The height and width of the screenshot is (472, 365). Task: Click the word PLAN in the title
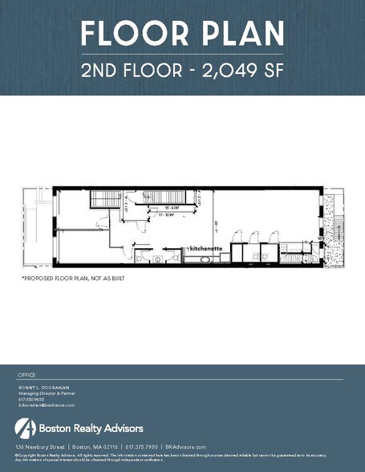click(241, 34)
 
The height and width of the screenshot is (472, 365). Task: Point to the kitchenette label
click(204, 249)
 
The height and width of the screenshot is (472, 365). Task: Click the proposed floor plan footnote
click(73, 278)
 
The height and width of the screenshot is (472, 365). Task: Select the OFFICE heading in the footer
click(27, 375)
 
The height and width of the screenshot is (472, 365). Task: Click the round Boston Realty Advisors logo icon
click(25, 426)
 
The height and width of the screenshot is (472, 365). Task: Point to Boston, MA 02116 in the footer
click(94, 446)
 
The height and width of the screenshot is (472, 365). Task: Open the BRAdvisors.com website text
click(185, 446)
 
